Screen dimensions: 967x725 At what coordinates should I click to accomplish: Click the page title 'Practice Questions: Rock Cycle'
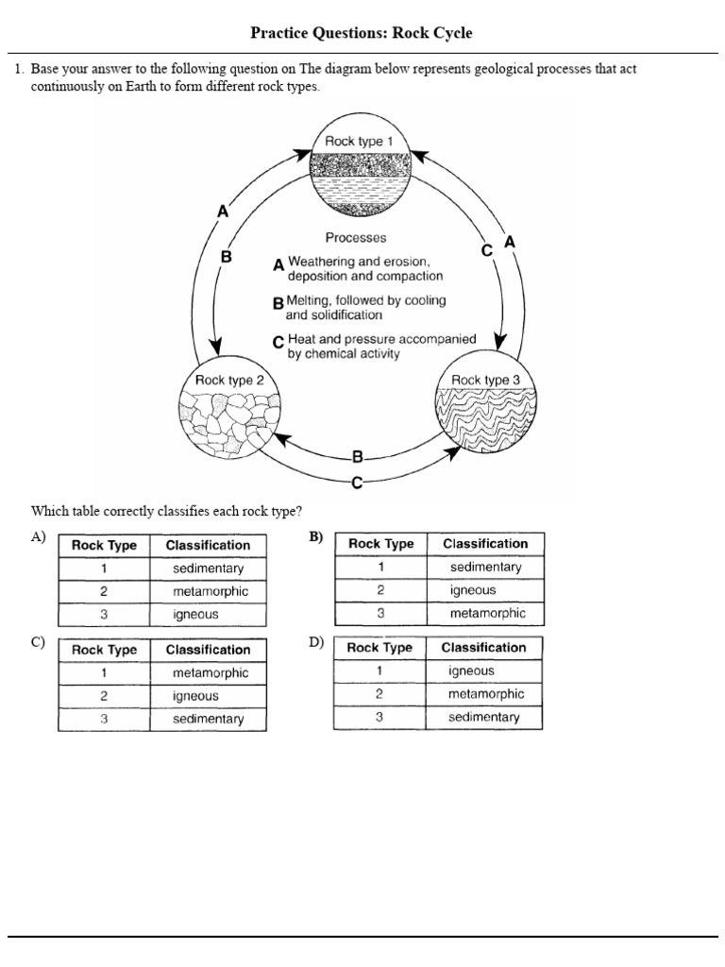[362, 33]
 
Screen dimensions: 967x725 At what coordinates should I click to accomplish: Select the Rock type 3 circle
[486, 412]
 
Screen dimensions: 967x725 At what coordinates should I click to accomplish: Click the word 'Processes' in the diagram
[356, 238]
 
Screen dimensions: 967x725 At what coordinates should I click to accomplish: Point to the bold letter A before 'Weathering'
[278, 266]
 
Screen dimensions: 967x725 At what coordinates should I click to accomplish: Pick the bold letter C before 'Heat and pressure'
[278, 343]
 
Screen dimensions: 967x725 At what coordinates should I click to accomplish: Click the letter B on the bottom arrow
[357, 458]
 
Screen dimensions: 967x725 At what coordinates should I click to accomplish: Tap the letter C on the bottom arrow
[357, 483]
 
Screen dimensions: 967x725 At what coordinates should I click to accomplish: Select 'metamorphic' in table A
[210, 591]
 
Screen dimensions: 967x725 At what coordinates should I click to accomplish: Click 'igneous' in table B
[473, 590]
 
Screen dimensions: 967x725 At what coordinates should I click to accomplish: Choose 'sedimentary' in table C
[208, 720]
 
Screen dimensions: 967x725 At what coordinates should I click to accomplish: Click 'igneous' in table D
[471, 670]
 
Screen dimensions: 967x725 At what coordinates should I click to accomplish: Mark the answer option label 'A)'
[38, 537]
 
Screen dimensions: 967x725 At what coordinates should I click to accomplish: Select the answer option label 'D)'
[315, 642]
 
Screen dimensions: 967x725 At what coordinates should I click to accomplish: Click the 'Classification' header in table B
[485, 543]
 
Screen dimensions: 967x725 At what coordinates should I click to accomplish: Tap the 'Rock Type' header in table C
[104, 650]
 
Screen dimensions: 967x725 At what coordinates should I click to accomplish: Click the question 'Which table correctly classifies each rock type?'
[166, 512]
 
